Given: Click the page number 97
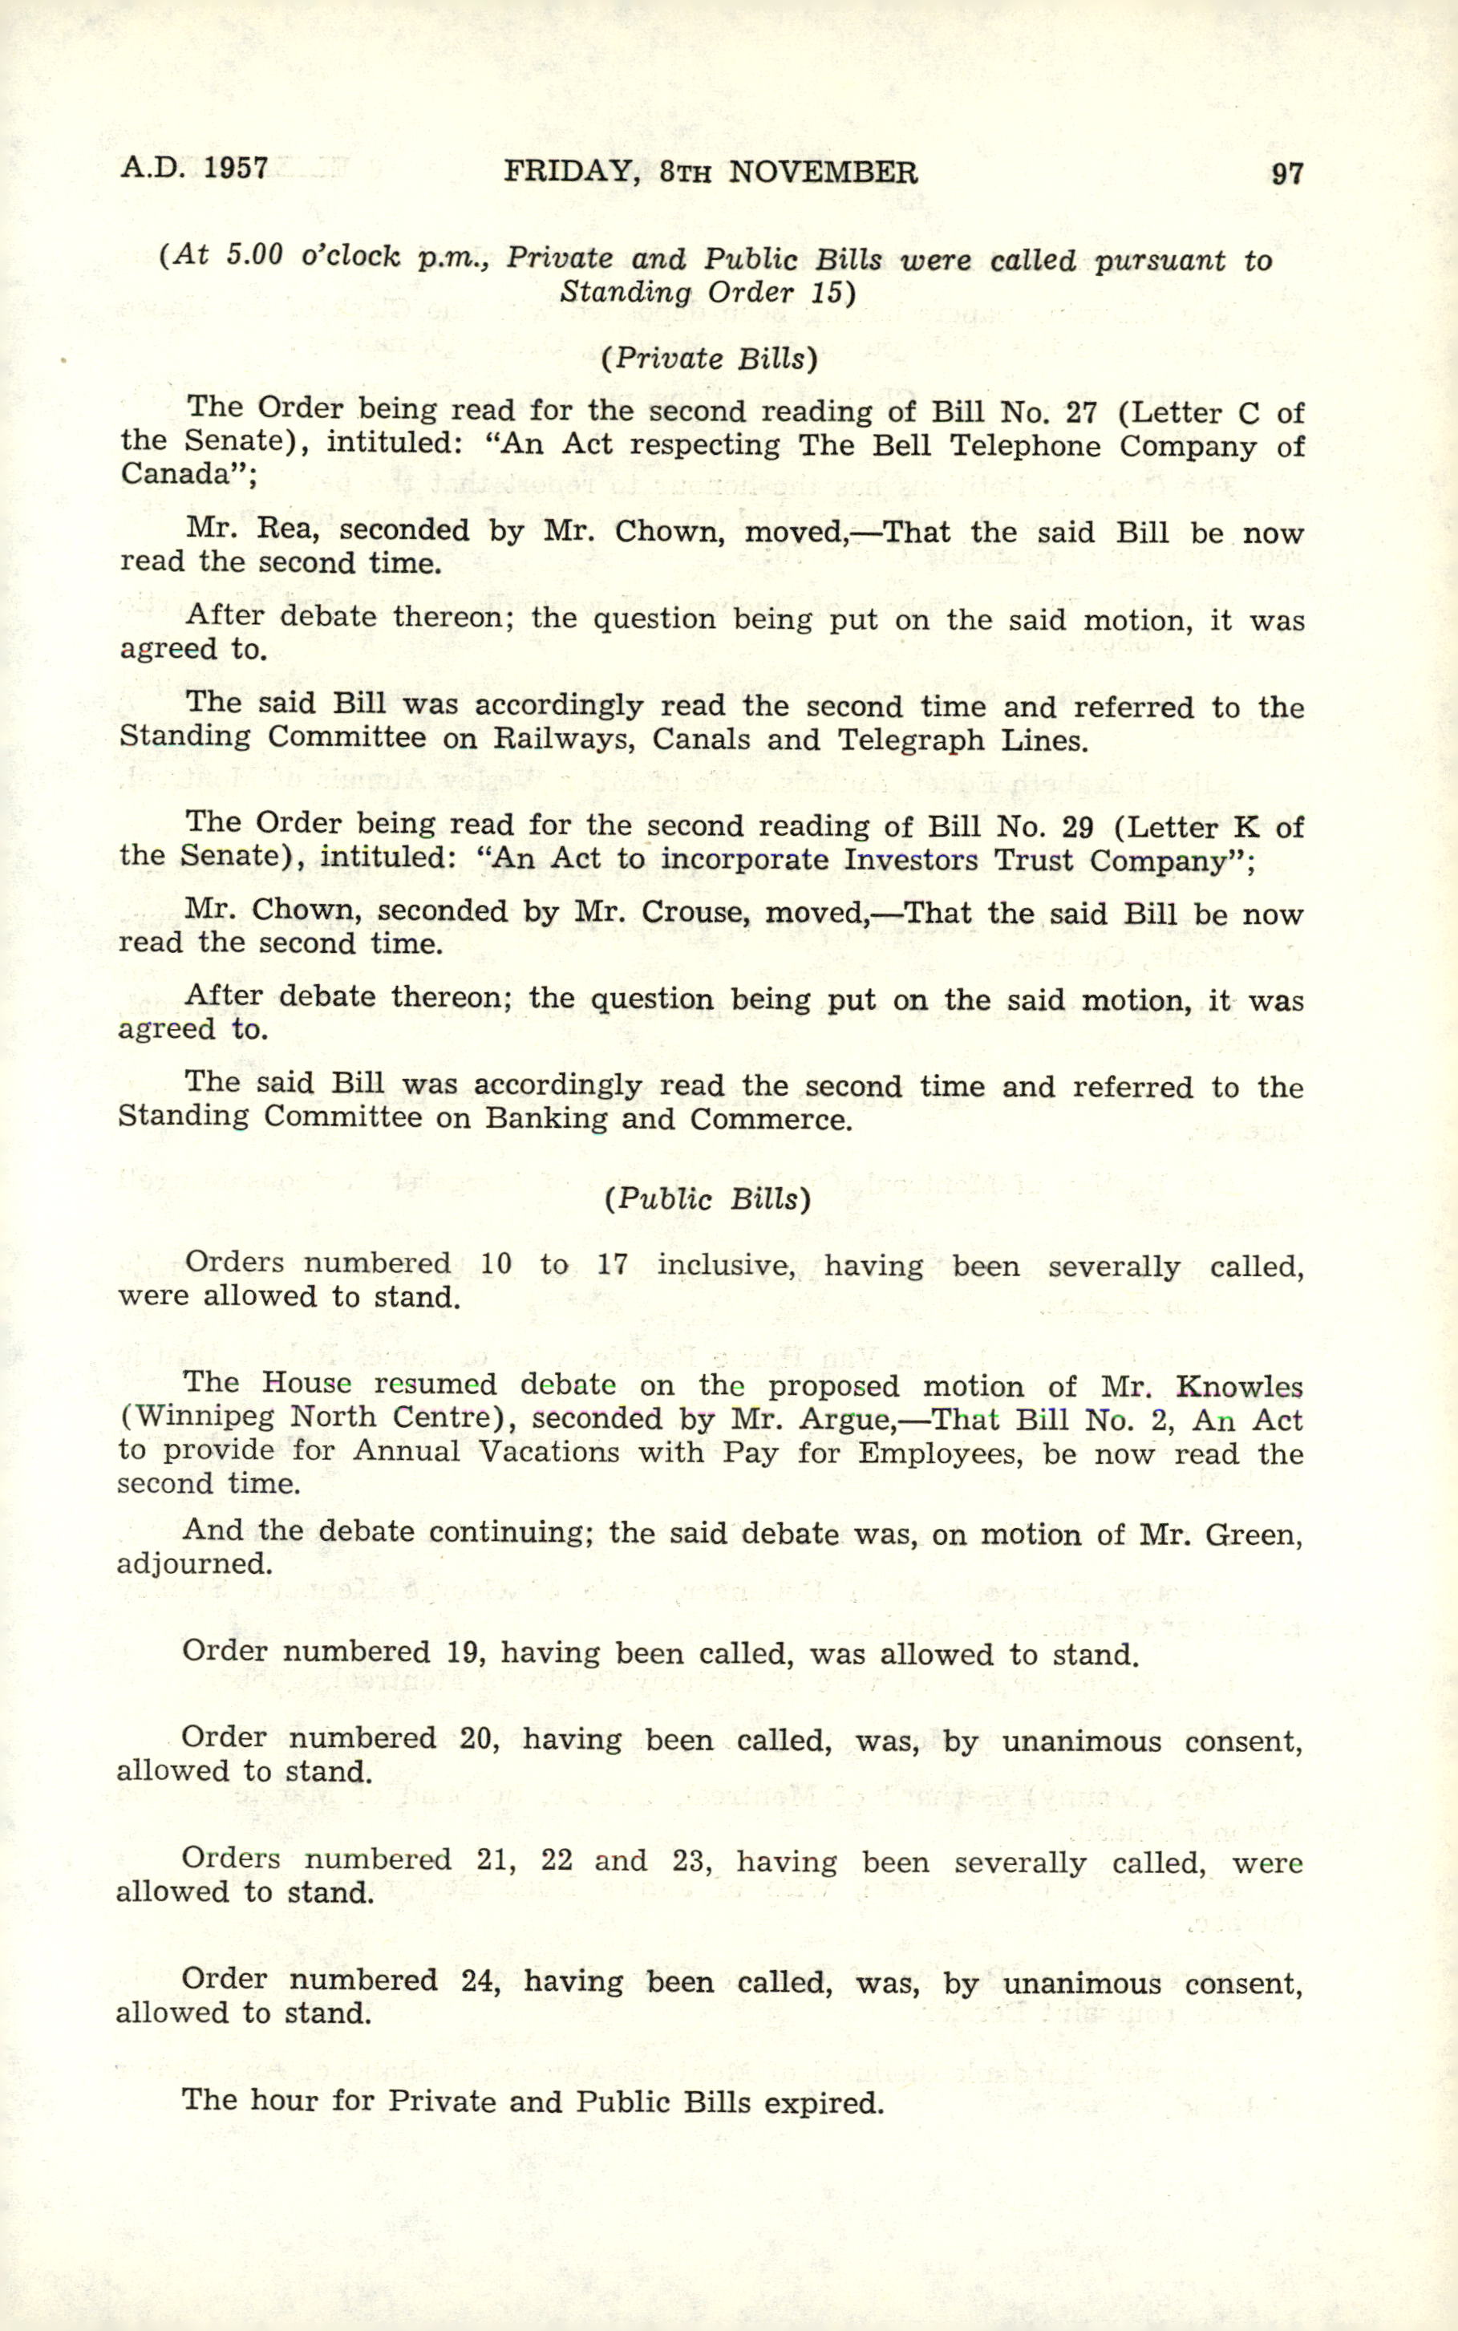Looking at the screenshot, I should tap(1286, 173).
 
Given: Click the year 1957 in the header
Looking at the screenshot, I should tap(237, 168).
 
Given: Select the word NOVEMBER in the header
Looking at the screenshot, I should tap(823, 172).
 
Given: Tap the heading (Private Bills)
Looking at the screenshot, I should tap(709, 359).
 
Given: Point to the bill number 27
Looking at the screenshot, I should tap(1081, 413).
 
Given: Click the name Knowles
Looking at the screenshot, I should tap(1239, 1387).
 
